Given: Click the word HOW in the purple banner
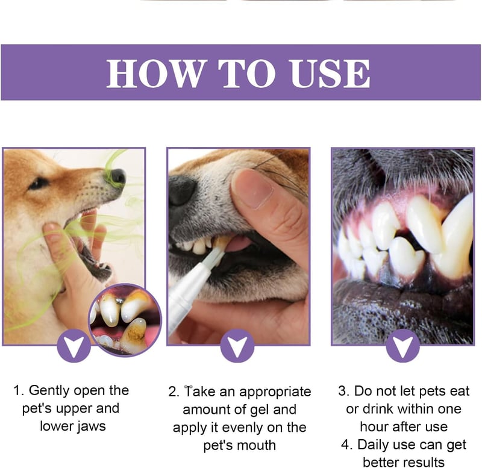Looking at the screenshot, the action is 155,73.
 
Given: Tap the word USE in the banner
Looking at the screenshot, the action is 330,73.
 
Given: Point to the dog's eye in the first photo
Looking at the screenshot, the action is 39,184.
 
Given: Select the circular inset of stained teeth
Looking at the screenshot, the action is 125,320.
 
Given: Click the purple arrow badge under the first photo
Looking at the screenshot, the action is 74,345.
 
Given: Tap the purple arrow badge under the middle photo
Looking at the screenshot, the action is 237,345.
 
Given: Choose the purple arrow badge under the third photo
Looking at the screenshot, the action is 402,345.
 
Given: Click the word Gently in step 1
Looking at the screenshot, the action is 49,391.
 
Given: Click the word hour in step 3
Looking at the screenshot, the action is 373,427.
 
